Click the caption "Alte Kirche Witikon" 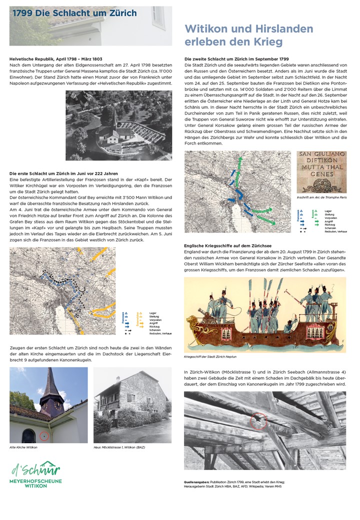pyautogui.click(x=23, y=447)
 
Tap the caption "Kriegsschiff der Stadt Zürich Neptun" pyautogui.click(x=209, y=357)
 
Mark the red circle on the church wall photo pyautogui.click(x=44, y=436)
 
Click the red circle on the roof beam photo pyautogui.click(x=258, y=421)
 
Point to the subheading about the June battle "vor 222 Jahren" pyautogui.click(x=63, y=173)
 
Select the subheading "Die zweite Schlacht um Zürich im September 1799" pyautogui.click(x=236, y=59)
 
